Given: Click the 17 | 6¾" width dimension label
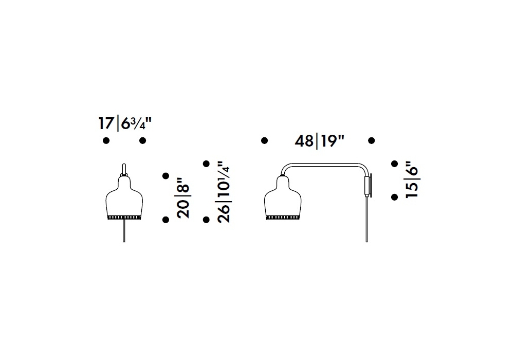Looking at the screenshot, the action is tap(125, 123).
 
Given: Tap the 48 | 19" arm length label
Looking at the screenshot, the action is tap(319, 141).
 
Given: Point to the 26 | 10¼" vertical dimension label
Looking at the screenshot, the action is tap(224, 192).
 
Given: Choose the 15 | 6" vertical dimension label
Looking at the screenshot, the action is tap(412, 179).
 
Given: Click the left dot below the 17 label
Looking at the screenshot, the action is tap(106, 140).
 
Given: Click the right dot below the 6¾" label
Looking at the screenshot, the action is tap(142, 140).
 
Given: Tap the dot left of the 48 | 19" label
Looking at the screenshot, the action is tap(264, 140).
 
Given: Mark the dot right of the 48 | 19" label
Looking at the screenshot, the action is tap(372, 140).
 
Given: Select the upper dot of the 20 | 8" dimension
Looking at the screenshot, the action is tap(166, 176).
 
